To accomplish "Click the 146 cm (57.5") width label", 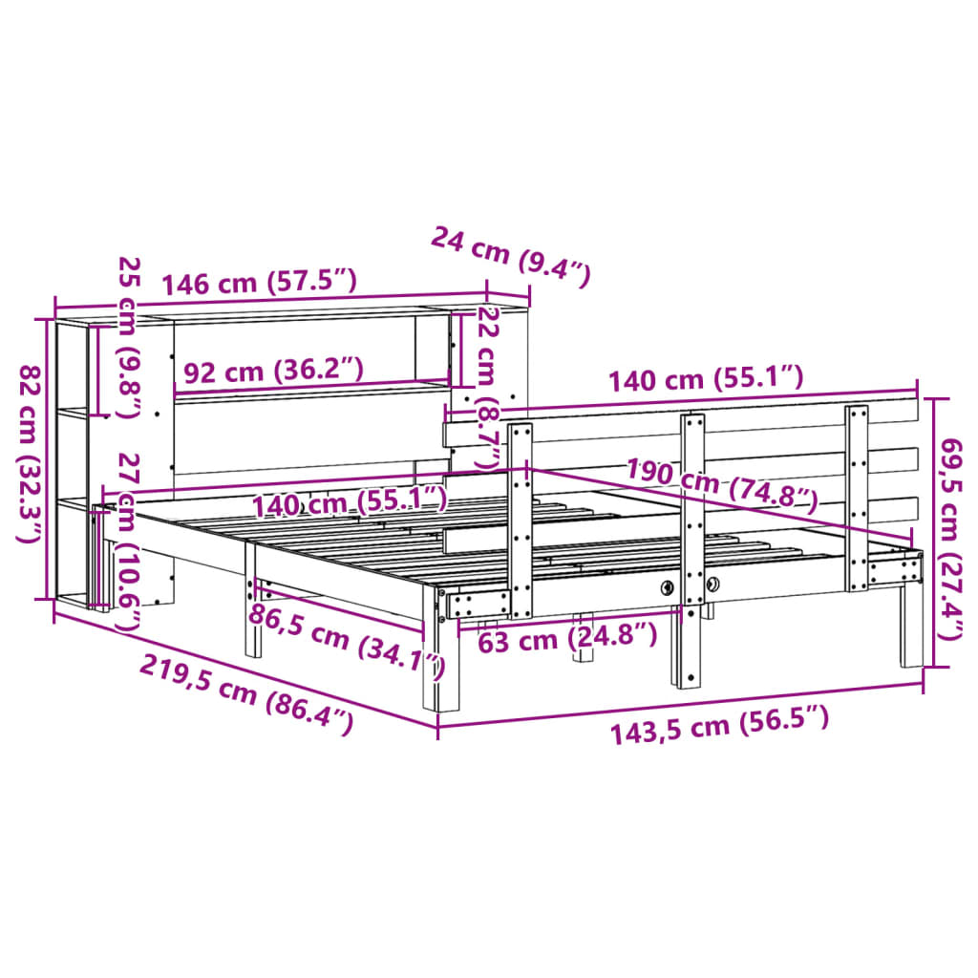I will click(x=259, y=283).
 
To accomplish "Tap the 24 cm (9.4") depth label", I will click(x=511, y=257).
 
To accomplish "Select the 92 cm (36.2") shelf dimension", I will click(x=273, y=371).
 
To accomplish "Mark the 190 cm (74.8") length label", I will click(x=722, y=483).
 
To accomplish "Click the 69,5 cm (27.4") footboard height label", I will click(x=952, y=529).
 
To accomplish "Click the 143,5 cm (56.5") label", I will click(x=719, y=730).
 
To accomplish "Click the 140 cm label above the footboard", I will click(x=707, y=379).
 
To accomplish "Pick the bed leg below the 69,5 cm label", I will click(x=909, y=630).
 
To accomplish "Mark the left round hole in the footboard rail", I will click(x=668, y=587).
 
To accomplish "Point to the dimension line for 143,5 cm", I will click(x=680, y=705).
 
